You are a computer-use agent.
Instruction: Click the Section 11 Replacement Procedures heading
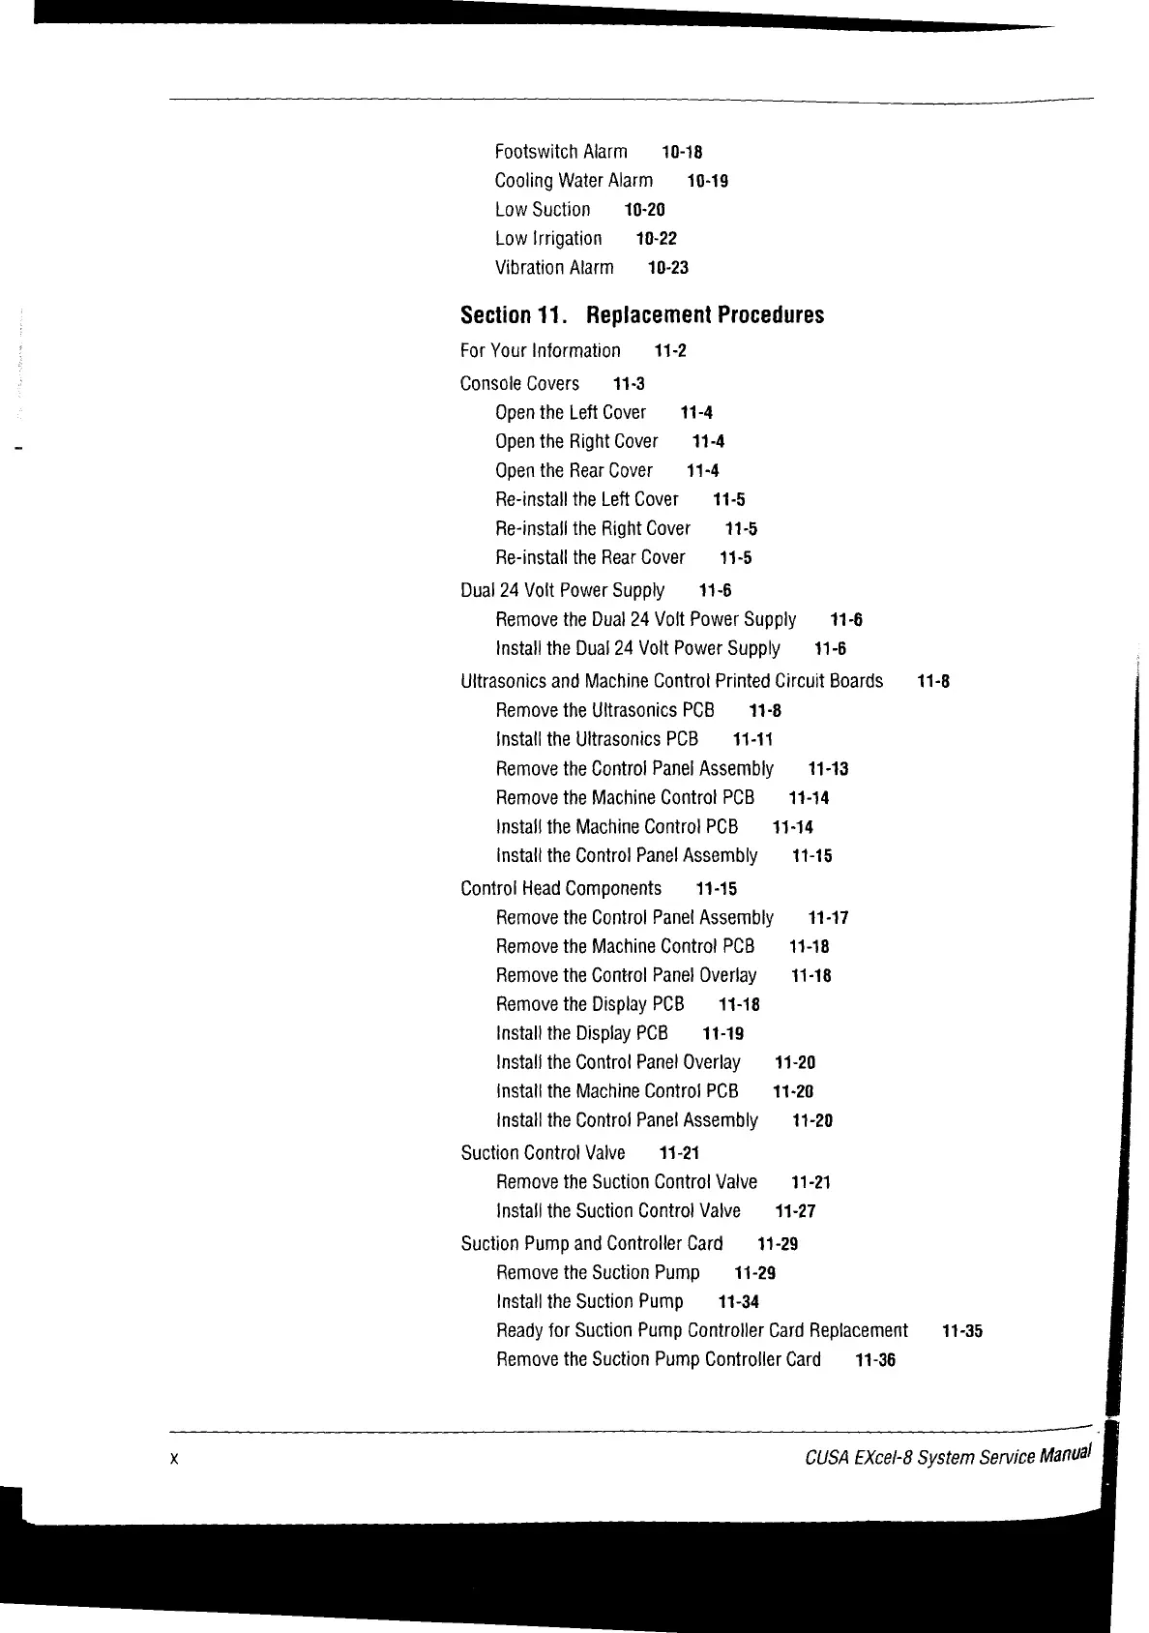(x=642, y=315)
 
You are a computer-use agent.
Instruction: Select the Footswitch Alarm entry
(x=561, y=152)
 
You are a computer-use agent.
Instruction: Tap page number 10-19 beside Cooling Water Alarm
(x=707, y=181)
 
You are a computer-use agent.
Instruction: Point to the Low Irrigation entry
(x=548, y=239)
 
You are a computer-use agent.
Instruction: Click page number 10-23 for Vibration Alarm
(x=667, y=268)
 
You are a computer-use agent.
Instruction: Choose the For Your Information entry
(x=541, y=351)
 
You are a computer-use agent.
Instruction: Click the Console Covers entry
(x=519, y=384)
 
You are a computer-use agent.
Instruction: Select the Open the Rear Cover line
(x=574, y=471)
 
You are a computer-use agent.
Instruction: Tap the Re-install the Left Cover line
(x=587, y=500)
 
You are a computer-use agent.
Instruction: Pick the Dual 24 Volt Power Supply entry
(x=562, y=591)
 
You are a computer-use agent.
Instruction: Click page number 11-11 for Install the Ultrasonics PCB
(x=752, y=740)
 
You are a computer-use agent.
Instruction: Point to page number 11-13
(x=828, y=769)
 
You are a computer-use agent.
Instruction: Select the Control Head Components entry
(x=561, y=889)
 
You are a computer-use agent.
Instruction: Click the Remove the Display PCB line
(x=590, y=1005)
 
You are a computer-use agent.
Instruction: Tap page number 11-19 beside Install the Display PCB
(x=722, y=1034)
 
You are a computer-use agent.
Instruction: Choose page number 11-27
(x=795, y=1211)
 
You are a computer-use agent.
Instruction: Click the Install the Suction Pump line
(x=590, y=1302)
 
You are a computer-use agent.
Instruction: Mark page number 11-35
(x=961, y=1331)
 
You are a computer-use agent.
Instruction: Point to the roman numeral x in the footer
(x=173, y=1459)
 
